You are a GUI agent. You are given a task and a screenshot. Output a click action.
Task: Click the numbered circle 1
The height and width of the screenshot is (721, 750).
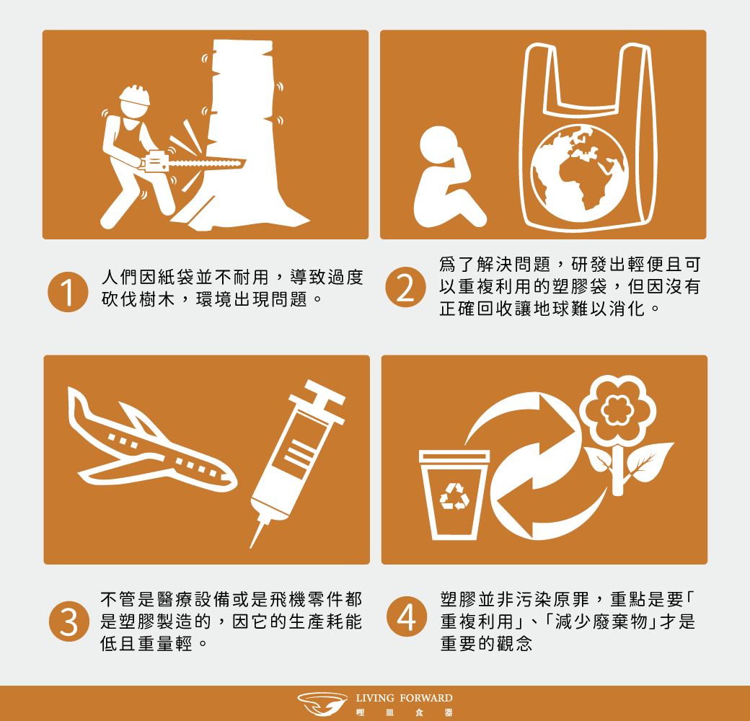68,292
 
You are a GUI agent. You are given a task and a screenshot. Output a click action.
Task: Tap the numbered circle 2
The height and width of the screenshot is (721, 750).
405,287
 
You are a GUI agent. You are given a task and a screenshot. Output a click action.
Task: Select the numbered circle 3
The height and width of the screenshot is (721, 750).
69,621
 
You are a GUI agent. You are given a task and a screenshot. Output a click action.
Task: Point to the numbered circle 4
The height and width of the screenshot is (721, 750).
407,616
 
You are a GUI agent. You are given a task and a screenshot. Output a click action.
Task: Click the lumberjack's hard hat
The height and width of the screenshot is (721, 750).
135,94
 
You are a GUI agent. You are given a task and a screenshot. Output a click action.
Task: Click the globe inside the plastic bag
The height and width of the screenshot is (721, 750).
580,173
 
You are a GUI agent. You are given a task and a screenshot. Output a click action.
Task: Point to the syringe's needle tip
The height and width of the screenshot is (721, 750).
251,547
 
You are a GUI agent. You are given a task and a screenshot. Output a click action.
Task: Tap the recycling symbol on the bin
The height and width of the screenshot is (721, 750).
454,496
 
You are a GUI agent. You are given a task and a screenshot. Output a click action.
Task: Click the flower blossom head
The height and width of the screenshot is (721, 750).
617,409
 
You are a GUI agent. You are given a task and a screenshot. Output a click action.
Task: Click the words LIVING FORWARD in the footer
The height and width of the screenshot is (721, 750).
404,698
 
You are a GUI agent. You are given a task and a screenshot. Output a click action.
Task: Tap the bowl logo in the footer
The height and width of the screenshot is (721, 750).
322,703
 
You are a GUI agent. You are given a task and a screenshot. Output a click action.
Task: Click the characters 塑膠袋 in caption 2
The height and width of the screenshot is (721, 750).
580,286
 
